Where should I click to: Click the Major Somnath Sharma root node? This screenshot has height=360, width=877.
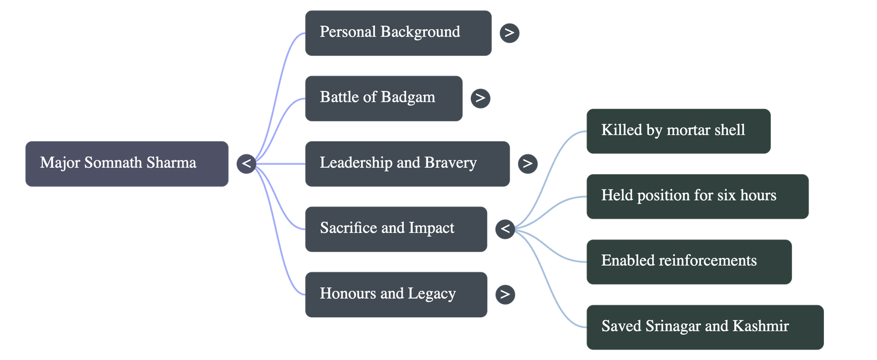[127, 163]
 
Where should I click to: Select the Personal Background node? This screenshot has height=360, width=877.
[398, 33]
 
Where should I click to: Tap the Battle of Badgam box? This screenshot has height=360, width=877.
[384, 98]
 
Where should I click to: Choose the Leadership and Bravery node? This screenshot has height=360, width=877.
[407, 163]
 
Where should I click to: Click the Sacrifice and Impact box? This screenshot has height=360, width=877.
[396, 228]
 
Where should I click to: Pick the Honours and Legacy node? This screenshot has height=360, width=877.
[396, 294]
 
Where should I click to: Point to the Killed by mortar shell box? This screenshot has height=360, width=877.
[678, 130]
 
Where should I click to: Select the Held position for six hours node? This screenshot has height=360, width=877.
[697, 196]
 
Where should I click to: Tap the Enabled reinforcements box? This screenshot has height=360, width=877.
[688, 261]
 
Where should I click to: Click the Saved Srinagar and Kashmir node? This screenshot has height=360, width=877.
[704, 327]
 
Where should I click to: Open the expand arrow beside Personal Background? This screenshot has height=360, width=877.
[509, 33]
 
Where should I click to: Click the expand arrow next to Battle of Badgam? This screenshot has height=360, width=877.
[480, 98]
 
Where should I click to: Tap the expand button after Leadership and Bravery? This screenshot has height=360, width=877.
[527, 163]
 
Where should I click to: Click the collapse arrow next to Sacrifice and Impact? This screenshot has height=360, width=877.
[505, 228]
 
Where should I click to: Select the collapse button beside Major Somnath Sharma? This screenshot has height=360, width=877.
[246, 163]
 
